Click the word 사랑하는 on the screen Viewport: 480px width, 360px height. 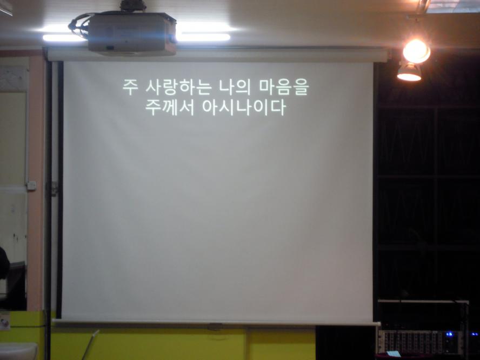[178, 87]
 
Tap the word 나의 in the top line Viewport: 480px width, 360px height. [235, 87]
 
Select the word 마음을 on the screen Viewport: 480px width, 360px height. [284, 87]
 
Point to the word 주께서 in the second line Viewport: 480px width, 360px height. [170, 107]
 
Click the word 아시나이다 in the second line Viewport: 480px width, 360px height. [244, 107]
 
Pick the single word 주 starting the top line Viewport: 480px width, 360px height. [130, 87]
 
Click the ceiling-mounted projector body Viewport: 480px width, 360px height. [132, 34]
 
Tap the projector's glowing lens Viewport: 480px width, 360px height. [173, 38]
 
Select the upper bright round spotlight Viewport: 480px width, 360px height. [416, 51]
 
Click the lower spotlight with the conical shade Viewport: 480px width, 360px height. [409, 72]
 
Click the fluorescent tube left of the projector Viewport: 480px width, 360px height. [65, 38]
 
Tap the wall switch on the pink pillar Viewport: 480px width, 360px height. [31, 185]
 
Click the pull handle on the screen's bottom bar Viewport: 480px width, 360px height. [215, 326]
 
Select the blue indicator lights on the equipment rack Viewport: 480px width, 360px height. [449, 334]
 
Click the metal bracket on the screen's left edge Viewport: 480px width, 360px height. [54, 189]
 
